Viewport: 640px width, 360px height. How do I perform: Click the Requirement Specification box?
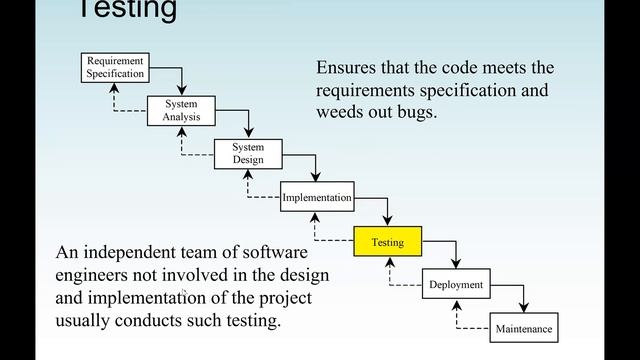click(115, 67)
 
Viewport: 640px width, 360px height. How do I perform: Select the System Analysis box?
click(181, 110)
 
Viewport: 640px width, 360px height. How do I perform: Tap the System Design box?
click(248, 154)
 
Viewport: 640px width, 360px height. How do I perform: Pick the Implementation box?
click(317, 197)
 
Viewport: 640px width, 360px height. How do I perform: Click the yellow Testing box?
click(387, 242)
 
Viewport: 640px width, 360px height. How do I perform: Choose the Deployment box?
click(456, 285)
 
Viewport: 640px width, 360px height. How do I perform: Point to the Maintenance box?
click(523, 328)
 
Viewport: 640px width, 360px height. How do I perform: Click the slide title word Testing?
click(127, 11)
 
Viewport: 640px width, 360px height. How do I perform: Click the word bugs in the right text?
click(416, 113)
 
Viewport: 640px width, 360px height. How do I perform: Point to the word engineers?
click(97, 275)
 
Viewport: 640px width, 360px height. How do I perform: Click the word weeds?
click(344, 113)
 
